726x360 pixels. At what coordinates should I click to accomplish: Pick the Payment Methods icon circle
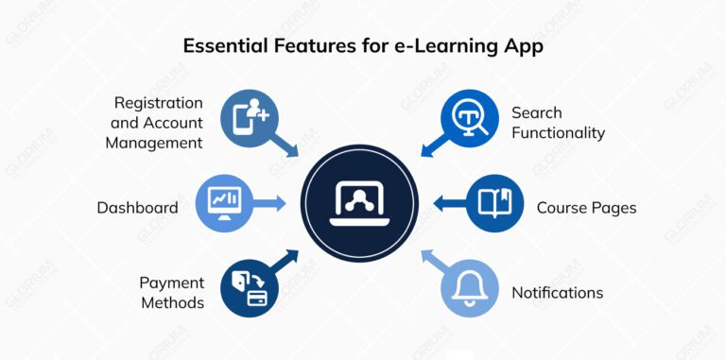coord(248,287)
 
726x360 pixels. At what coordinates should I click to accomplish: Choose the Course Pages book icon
coord(494,202)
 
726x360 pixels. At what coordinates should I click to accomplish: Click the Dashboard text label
coord(137,207)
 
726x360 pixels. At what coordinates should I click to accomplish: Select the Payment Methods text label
coord(171,293)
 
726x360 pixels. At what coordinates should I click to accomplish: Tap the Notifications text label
coord(558,293)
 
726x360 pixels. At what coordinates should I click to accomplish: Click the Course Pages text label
coord(586,207)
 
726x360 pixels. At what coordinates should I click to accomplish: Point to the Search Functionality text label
coord(558,123)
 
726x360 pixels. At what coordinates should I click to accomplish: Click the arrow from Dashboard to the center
coord(269,202)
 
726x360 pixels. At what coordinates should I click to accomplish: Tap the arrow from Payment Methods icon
coord(286,261)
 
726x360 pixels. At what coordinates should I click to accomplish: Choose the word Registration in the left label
coord(159,102)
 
